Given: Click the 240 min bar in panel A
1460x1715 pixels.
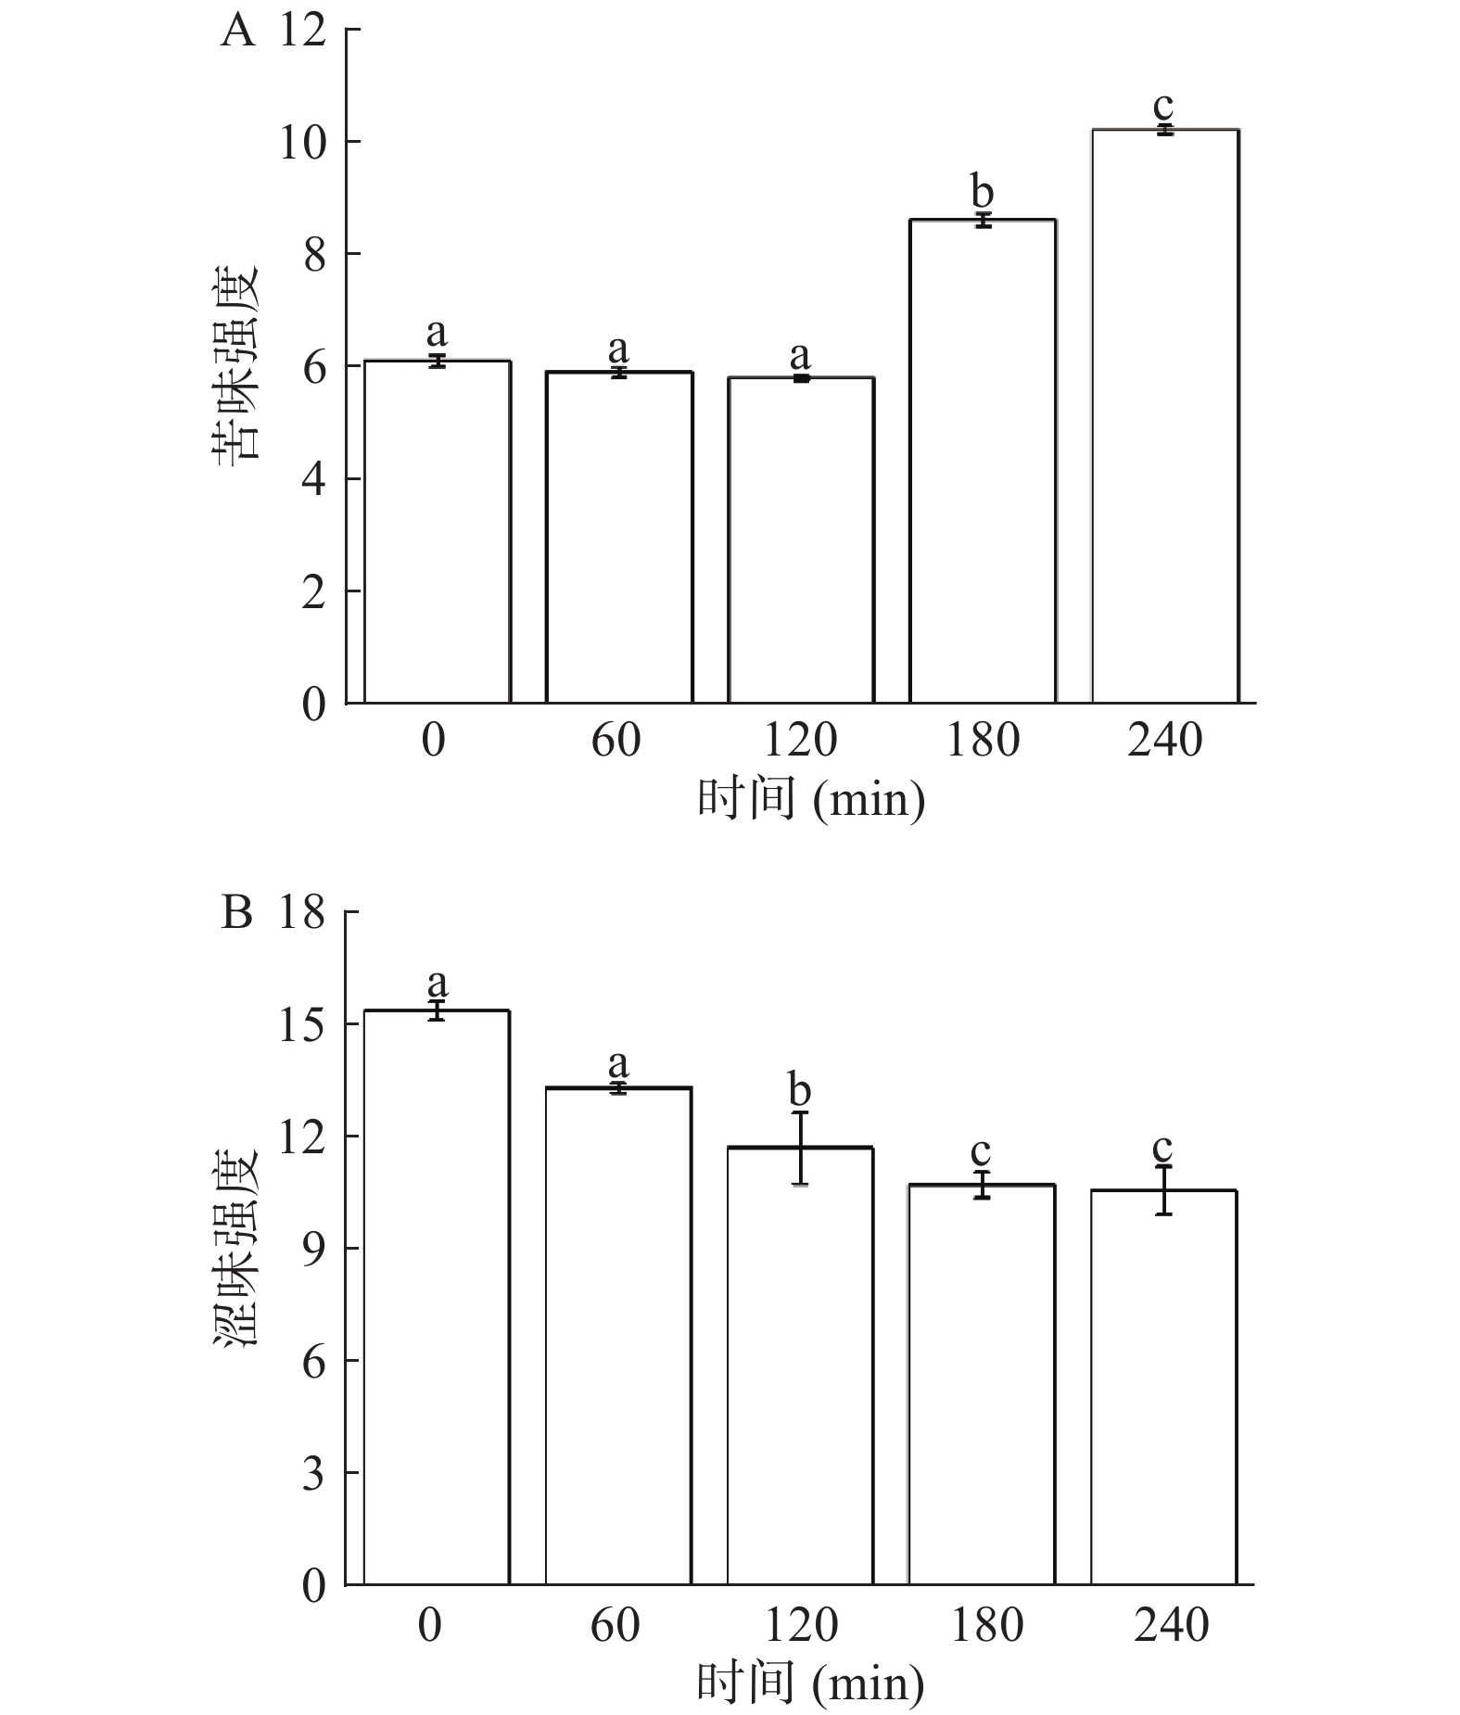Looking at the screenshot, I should coord(1165,417).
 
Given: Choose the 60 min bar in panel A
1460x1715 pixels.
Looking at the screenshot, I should coord(618,538).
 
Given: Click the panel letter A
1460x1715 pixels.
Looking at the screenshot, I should coord(237,32).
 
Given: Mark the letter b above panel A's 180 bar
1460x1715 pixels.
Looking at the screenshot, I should coord(983,192).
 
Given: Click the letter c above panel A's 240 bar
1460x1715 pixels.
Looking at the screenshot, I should coord(1163,105).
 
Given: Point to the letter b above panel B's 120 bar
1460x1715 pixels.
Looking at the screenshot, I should coord(799,1090).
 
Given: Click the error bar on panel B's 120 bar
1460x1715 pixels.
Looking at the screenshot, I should coord(801,1148).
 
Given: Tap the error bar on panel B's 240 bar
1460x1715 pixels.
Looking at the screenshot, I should coord(1164,1190).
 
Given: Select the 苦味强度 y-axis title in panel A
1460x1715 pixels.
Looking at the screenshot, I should coord(238,363).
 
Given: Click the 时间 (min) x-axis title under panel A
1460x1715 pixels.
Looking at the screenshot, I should coord(811,799).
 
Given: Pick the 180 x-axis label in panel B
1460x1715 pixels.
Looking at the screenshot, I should coord(986,1625).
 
